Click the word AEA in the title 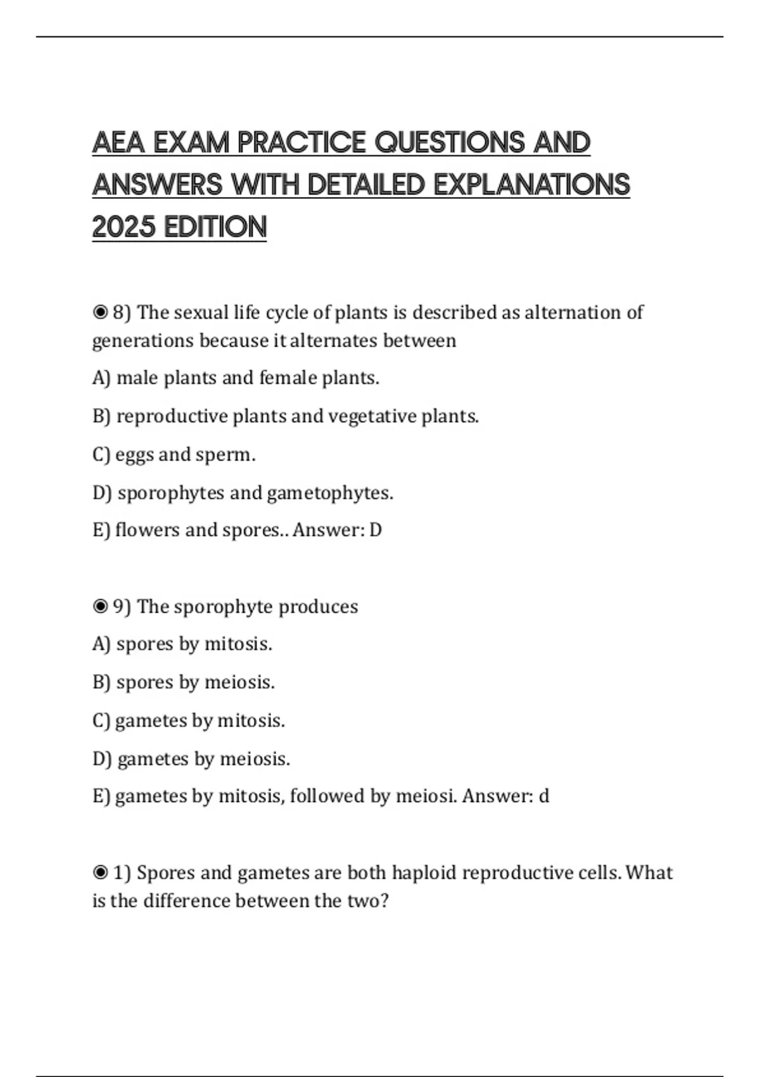[x=119, y=143]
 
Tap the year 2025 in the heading [x=123, y=227]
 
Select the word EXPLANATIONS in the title [x=531, y=185]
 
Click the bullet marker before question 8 [x=100, y=312]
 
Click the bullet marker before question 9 [x=100, y=606]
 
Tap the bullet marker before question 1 [x=100, y=872]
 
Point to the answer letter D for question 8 [x=376, y=530]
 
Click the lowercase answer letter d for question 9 [x=543, y=796]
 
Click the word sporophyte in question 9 [x=223, y=607]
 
